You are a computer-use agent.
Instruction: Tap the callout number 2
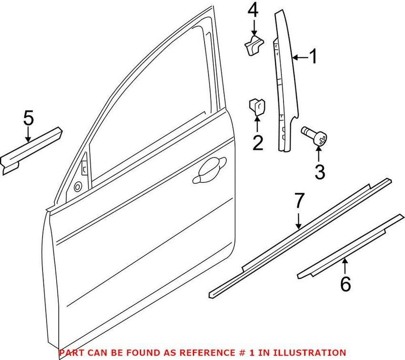[258, 143]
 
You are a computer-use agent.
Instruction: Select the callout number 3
[319, 172]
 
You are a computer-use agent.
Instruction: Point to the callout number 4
[253, 11]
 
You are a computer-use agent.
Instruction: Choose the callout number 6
[345, 285]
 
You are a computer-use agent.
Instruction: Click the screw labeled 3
[314, 136]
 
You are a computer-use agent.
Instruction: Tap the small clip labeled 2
[257, 107]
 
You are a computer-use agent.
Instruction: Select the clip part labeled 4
[252, 44]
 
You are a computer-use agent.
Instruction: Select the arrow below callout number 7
[299, 220]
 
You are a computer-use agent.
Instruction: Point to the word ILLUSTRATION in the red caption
[313, 352]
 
